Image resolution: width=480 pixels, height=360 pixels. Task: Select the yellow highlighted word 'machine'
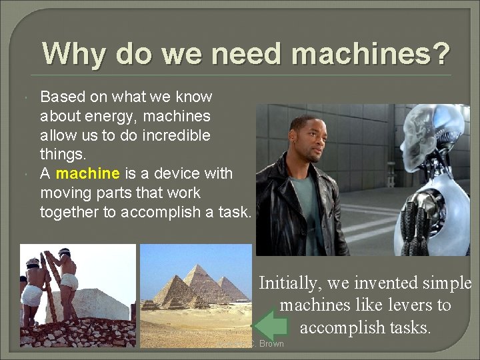pos(88,173)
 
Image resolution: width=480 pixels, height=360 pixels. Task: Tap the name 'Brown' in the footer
pos(271,344)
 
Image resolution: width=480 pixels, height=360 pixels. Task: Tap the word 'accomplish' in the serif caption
pos(341,327)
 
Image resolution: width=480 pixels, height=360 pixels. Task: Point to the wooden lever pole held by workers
pos(48,287)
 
